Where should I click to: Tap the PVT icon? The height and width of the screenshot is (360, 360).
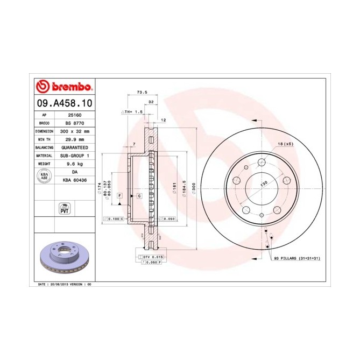(64, 208)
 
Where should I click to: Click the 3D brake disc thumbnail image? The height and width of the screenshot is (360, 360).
(64, 257)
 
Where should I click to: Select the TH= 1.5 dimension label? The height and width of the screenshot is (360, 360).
(132, 112)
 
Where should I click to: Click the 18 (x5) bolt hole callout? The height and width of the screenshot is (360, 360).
(285, 144)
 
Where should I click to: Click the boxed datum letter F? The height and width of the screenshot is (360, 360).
(119, 195)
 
